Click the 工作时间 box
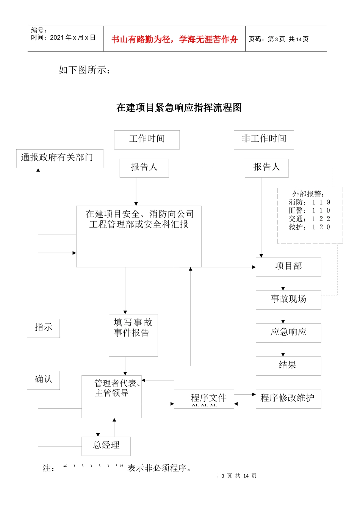[147, 140]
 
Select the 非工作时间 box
[264, 140]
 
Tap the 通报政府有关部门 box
[59, 158]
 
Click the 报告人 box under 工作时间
[144, 168]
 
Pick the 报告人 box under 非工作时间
[266, 168]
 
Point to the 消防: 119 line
[309, 202]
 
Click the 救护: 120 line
[309, 227]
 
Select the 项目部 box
[288, 267]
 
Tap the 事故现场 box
[288, 300]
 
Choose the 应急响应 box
[288, 333]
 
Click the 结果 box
[288, 366]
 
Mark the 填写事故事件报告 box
[133, 335]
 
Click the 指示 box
[43, 328]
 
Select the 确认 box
[43, 380]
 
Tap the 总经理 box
[106, 446]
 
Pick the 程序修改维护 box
[288, 399]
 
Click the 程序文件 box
[204, 399]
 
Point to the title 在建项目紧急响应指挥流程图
[179, 108]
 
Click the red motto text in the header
[174, 39]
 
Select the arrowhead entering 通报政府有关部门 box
[38, 170]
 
